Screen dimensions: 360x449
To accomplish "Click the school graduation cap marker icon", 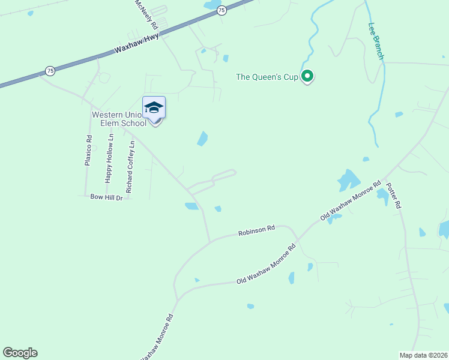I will pos(154,108).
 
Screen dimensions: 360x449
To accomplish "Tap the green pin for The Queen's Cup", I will pos(307,76).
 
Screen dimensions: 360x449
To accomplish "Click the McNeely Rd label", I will pos(146,15).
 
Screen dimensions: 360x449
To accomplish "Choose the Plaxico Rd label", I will pos(88,150).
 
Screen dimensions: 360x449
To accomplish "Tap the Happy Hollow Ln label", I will pos(109,158).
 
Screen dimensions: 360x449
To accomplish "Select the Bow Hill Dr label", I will pos(106,197).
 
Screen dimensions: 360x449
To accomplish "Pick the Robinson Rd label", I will pos(256,230).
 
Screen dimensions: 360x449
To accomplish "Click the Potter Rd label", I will pos(393,195).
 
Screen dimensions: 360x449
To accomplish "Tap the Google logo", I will pos(20,353).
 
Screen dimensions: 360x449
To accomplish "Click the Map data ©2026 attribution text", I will pos(423,355).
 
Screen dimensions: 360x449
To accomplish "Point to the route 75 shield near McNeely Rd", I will pos(221,10).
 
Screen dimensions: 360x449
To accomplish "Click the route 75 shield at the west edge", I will pos(50,71).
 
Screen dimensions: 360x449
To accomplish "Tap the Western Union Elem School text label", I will pos(118,119).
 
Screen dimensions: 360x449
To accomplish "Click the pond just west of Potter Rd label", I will pos(382,196).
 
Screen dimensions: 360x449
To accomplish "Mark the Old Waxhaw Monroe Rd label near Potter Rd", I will pos(351,201).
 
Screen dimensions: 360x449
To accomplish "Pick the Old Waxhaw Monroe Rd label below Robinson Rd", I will pos(267,265).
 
